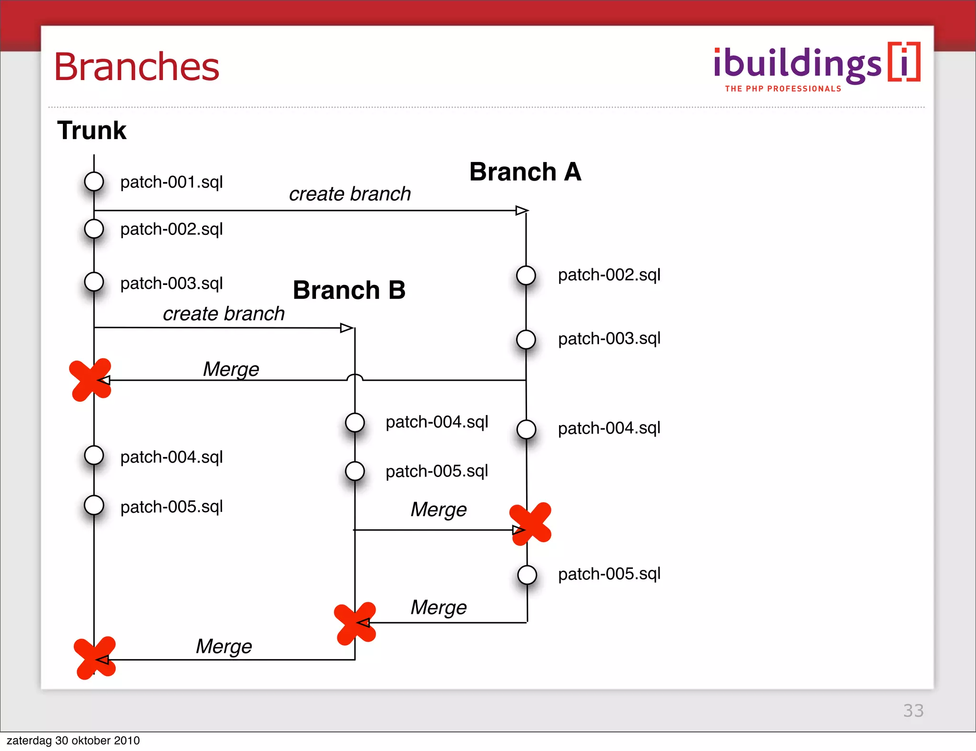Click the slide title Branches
coord(137,67)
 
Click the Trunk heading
coord(91,130)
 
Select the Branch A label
coord(525,172)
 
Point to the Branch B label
coord(349,290)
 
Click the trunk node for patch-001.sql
coord(94,182)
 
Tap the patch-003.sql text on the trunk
coord(172,284)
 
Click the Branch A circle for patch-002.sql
coord(526,275)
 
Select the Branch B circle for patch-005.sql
coord(355,471)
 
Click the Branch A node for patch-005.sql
coord(527,575)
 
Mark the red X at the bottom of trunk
coord(95,658)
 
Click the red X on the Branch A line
coord(530,524)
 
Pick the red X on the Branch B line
coord(355,623)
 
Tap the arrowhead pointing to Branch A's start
coord(522,210)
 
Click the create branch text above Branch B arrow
coord(224,314)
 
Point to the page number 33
coord(913,710)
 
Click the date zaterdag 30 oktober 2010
coord(73,741)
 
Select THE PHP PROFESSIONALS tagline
coord(783,89)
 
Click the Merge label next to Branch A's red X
coord(438,509)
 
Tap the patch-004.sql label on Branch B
coord(437,422)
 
